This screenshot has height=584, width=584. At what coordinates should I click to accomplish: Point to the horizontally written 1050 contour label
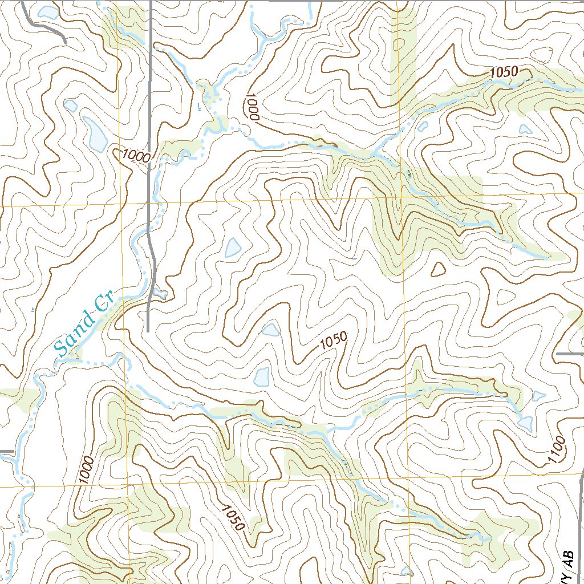coord(502,72)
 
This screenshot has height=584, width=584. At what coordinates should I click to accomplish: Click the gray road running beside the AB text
coord(581,513)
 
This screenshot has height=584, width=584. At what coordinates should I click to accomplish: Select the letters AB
coord(567,556)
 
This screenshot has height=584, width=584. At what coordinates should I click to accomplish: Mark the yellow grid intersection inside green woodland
coord(401,197)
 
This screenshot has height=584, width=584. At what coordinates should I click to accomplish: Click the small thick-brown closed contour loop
coord(438,269)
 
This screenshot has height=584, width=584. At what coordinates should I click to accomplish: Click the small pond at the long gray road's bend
coord(161,294)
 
